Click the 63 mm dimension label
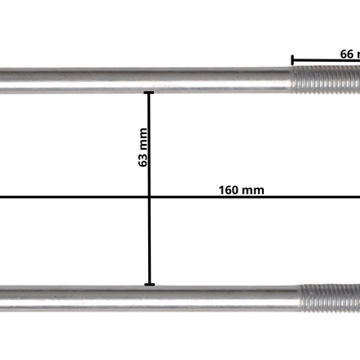144,148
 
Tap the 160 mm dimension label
241,190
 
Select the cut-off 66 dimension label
348,53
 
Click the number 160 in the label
229,190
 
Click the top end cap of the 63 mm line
150,92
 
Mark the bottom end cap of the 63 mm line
150,285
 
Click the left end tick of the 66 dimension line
292,60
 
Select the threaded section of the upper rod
327,81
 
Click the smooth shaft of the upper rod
142,80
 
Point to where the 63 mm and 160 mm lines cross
150,198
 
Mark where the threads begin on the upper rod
295,81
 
